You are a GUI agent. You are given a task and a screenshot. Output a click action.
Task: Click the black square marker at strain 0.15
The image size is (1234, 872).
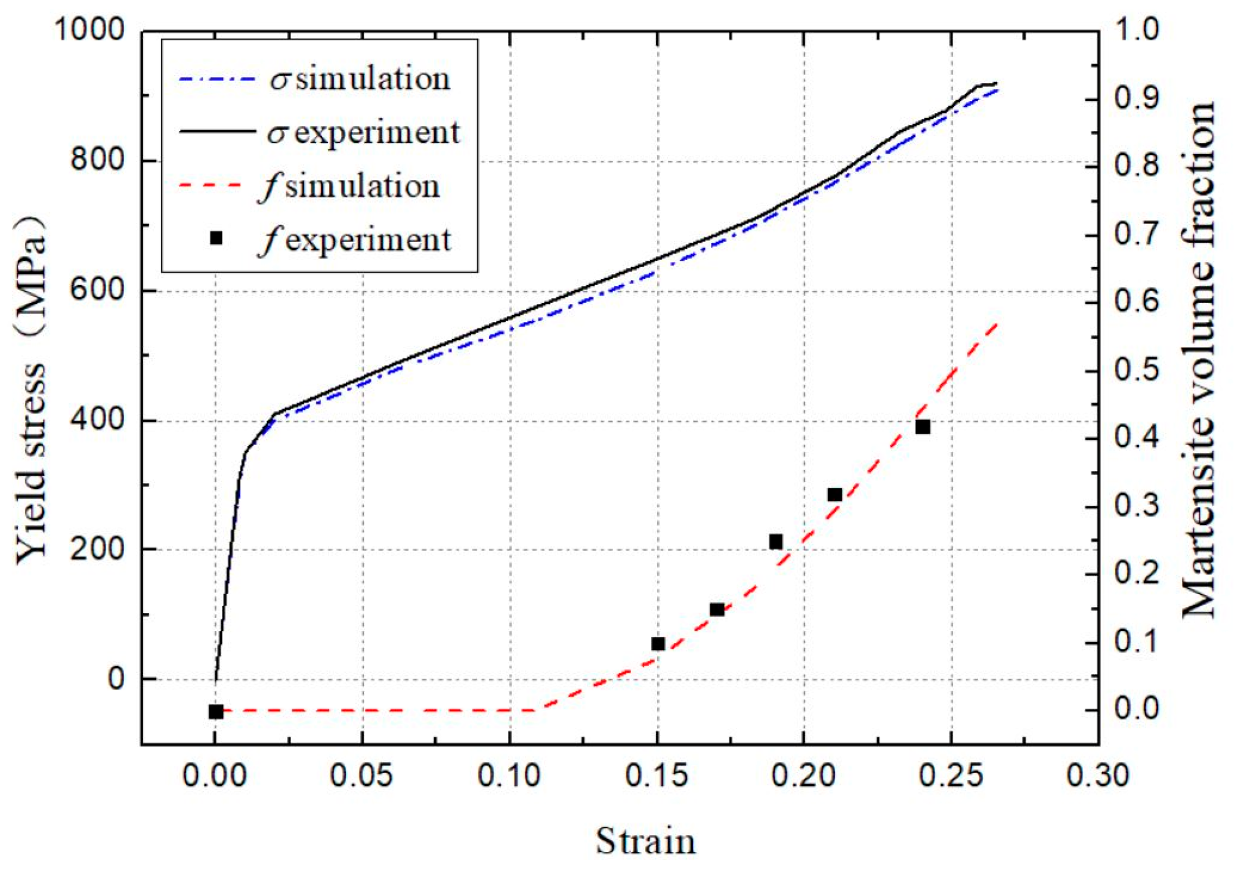(658, 644)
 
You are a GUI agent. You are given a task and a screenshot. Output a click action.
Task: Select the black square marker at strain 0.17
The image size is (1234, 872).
(717, 609)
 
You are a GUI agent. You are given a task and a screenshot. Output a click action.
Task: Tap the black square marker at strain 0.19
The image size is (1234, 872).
(776, 542)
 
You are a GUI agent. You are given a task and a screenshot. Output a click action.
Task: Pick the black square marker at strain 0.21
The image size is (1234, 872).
(835, 495)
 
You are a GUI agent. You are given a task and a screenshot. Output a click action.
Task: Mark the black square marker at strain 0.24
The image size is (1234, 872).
(923, 427)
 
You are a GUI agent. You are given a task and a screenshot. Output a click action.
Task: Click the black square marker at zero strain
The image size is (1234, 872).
(216, 712)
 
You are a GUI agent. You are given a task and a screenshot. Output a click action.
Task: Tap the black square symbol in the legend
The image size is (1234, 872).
(216, 239)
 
